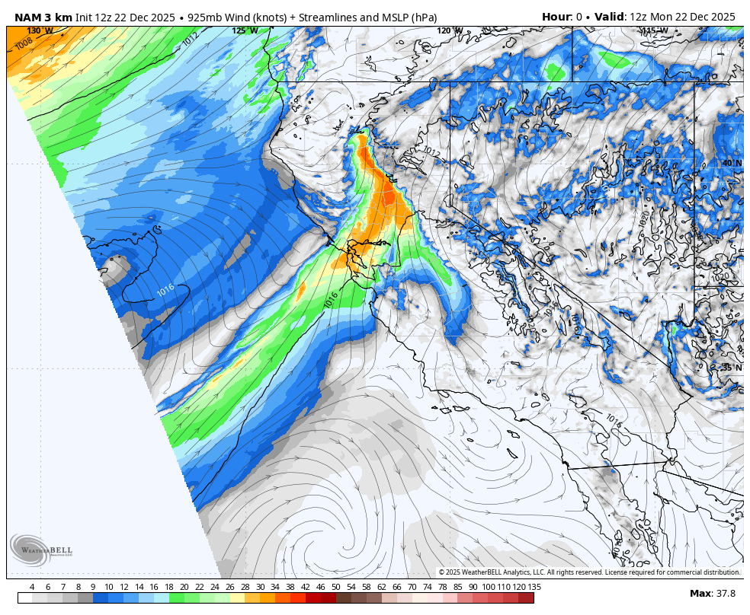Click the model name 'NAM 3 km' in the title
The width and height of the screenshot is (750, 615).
(43, 17)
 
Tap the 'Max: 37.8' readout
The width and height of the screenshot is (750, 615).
(713, 594)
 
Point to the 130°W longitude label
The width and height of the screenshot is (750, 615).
(40, 31)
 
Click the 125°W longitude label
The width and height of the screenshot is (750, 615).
(245, 31)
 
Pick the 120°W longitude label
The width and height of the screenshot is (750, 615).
(450, 31)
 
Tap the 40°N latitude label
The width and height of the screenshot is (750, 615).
(732, 163)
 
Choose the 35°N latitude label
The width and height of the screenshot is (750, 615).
(732, 367)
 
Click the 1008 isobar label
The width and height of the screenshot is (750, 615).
(24, 43)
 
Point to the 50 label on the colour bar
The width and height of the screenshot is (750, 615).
(335, 587)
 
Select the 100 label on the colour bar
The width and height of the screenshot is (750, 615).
(488, 587)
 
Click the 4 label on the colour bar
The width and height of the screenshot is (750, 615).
(31, 587)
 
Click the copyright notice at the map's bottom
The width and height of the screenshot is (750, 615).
(589, 572)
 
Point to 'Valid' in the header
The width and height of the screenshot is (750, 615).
(609, 17)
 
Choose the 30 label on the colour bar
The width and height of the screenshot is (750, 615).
(260, 587)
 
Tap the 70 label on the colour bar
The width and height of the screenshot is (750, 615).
(412, 587)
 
